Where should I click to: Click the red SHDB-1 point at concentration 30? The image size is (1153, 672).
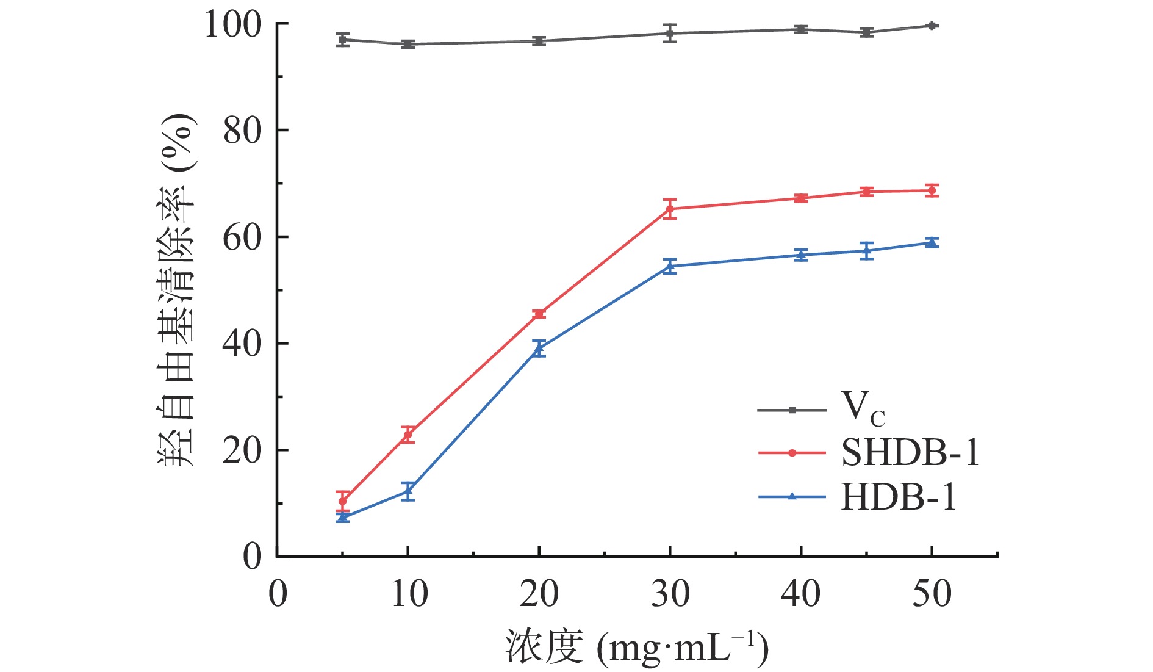[670, 209]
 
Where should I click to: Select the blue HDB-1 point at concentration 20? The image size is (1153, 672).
[539, 349]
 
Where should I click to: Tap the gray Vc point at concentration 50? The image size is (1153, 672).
[932, 26]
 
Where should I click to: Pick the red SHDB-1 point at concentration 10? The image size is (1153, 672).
[408, 435]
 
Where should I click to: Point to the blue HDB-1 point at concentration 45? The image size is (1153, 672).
[866, 251]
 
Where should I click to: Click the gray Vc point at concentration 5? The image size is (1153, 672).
[343, 40]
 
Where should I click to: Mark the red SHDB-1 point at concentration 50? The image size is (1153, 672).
[932, 190]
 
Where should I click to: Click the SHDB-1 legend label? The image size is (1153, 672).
[910, 453]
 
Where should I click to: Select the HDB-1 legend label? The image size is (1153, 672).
[898, 497]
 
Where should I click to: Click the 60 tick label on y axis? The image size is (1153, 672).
[242, 237]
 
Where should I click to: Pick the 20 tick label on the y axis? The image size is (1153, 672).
[242, 450]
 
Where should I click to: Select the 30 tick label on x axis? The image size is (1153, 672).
[670, 593]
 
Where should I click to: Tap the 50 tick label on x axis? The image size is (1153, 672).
[932, 593]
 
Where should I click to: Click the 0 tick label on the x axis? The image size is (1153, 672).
[278, 593]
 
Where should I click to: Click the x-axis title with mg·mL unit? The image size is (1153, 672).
[636, 647]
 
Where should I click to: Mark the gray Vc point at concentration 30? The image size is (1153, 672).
[670, 33]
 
